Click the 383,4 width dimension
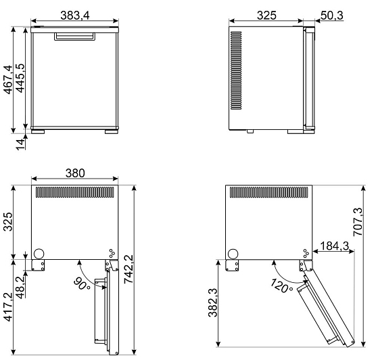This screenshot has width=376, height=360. click(75, 16)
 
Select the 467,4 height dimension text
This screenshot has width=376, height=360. click(8, 79)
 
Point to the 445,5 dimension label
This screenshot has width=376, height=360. click(20, 78)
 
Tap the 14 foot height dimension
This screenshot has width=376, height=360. click(21, 145)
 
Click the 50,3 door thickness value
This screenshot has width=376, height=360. click(332, 16)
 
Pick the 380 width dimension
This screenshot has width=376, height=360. click(75, 173)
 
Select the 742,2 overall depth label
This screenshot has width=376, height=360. click(128, 269)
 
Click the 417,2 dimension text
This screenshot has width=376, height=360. click(8, 307)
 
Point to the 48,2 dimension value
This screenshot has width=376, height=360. click(20, 288)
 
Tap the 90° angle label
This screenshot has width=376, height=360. click(82, 284)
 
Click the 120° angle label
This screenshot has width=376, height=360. click(282, 286)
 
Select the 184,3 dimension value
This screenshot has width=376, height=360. click(335, 246)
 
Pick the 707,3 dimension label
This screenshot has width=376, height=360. click(358, 222)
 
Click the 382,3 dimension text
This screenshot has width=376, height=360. click(213, 302)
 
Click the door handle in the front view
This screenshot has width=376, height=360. click(74, 37)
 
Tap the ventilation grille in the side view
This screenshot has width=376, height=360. click(236, 70)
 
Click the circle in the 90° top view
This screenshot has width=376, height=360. click(39, 254)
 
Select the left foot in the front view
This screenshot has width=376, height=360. click(38, 132)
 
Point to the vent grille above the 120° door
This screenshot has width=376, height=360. click(269, 192)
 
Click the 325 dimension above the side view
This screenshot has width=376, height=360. click(266, 16)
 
